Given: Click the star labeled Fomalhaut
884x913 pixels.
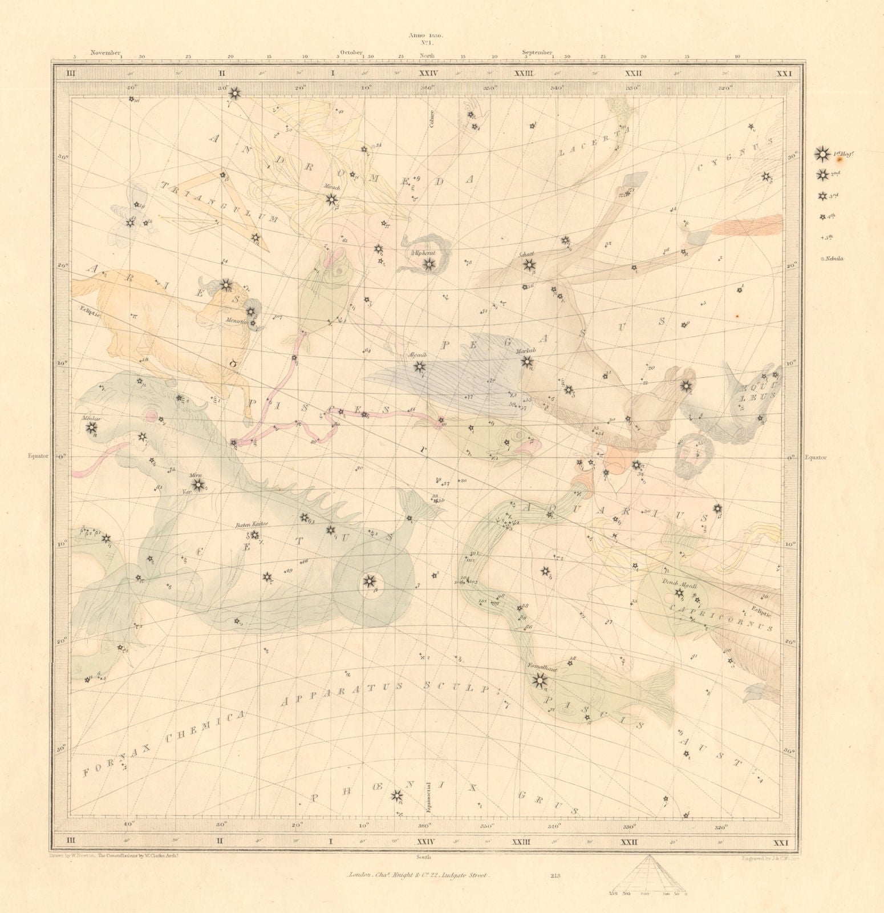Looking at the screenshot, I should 538,679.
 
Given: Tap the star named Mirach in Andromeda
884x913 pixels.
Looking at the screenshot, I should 331,199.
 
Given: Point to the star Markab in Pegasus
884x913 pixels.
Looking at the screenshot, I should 527,361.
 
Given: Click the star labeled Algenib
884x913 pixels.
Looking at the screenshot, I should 419,367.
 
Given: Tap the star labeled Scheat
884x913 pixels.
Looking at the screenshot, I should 529,264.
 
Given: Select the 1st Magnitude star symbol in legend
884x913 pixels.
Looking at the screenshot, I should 822,153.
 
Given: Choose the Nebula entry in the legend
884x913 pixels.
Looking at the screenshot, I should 832,258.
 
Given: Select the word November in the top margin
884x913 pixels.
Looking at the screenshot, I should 105,52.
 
